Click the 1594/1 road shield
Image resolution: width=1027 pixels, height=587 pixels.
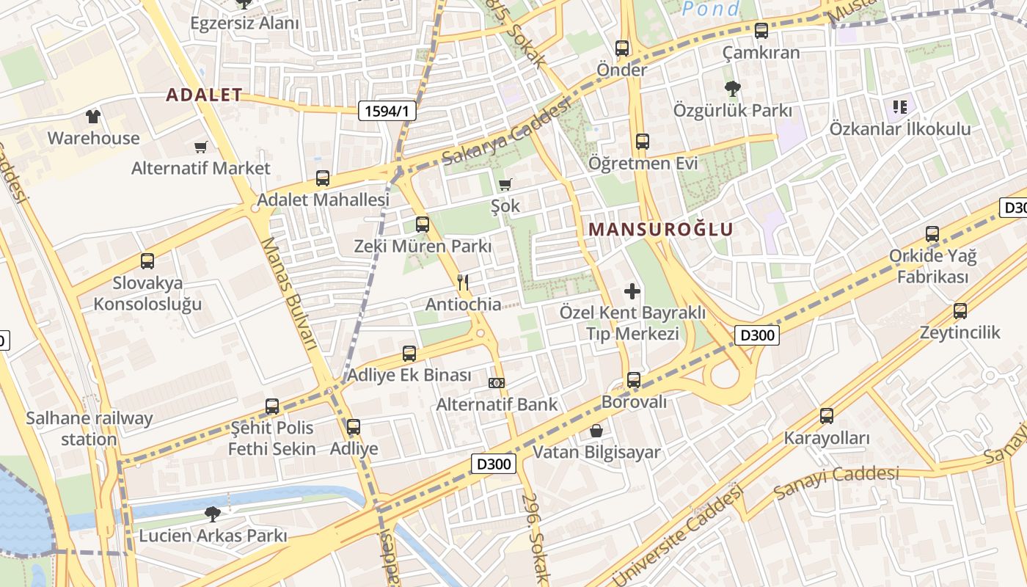tap(387, 111)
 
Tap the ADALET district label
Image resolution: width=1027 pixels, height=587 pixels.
tap(204, 95)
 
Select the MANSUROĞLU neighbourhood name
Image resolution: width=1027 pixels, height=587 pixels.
tap(660, 229)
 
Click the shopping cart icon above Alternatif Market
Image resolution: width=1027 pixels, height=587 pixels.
tap(200, 147)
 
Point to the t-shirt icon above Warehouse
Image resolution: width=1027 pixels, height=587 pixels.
tap(93, 117)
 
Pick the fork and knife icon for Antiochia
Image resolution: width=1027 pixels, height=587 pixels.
tap(463, 282)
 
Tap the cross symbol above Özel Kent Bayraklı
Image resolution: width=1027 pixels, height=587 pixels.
tap(632, 291)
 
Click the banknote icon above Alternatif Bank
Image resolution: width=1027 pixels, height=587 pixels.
tap(497, 383)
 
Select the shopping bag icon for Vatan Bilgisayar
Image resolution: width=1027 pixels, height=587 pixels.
tap(596, 431)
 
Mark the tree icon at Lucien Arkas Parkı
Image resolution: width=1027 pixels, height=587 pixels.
tap(213, 514)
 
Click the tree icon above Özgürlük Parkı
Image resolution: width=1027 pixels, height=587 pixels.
tap(732, 90)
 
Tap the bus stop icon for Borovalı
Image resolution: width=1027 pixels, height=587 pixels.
tap(634, 380)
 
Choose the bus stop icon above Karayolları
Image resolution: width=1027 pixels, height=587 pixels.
tap(827, 416)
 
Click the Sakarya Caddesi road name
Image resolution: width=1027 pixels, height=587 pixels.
tap(506, 132)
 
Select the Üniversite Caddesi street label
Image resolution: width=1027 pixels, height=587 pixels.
tap(676, 536)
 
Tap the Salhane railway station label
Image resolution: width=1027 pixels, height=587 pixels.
tap(89, 429)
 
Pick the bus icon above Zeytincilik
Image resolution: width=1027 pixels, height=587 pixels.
tap(960, 311)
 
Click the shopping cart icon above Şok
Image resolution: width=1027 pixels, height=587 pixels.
tap(505, 184)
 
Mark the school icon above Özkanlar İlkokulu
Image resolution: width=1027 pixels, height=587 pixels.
tap(900, 107)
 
